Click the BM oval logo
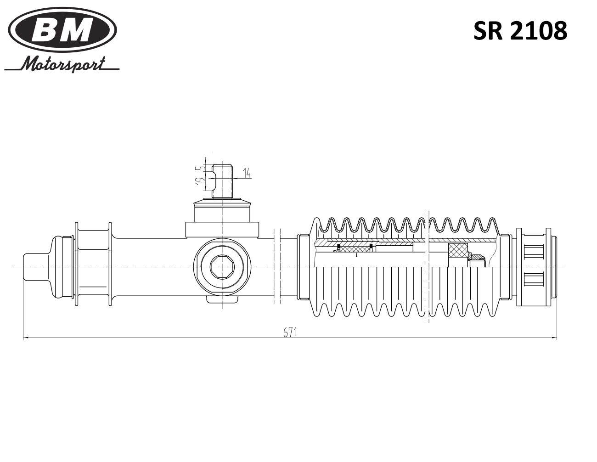(62, 30)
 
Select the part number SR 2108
(520, 31)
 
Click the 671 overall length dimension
(290, 332)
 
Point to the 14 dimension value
(247, 173)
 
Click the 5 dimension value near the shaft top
(202, 168)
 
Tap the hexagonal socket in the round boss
(222, 266)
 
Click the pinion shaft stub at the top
(222, 181)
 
